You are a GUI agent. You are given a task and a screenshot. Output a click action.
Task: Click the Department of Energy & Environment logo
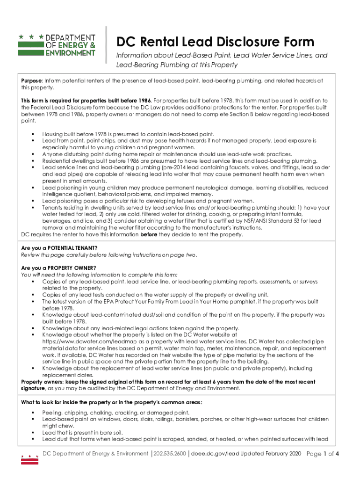click(57, 45)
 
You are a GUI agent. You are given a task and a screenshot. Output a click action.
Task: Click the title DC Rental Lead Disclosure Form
click(215, 42)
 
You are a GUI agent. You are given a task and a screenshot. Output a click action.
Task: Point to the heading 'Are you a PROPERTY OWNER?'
click(58, 268)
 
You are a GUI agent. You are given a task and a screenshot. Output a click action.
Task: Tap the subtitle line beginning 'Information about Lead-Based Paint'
click(222, 56)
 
